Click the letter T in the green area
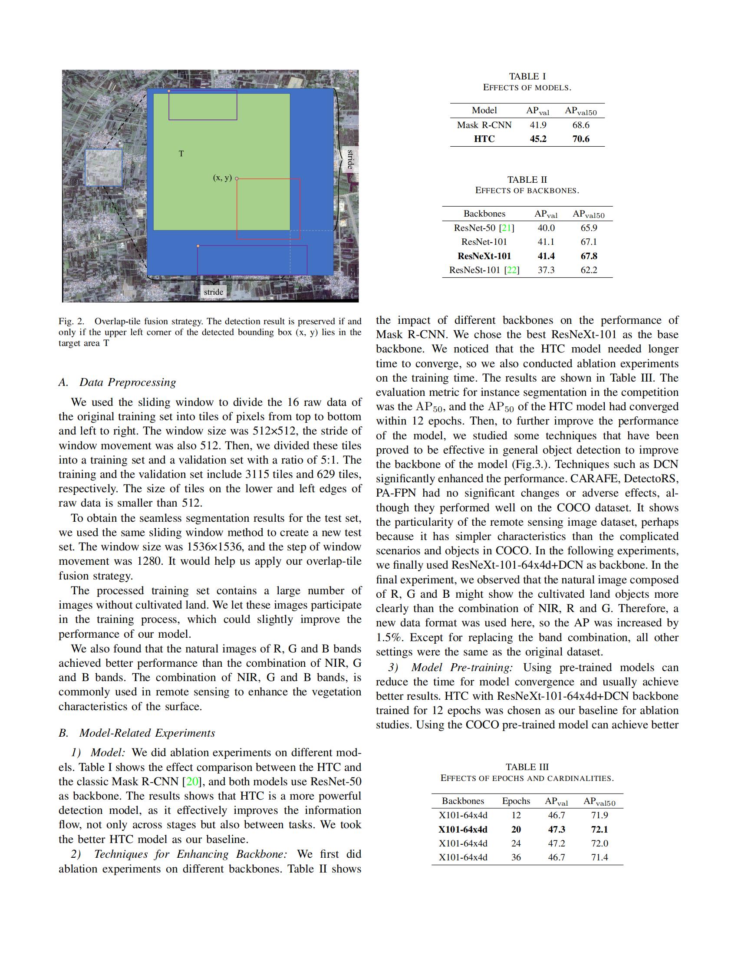coord(181,154)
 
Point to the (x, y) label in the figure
coord(222,178)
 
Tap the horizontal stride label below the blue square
coord(213,292)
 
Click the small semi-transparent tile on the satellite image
coord(104,168)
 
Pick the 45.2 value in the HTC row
coord(538,139)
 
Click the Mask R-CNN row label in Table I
coord(484,125)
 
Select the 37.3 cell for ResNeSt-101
coord(546,270)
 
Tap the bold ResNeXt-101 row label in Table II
coord(484,256)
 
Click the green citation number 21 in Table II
coord(506,228)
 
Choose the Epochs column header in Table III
coord(516,800)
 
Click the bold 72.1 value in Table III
coord(600,829)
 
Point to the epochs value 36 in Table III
coord(516,857)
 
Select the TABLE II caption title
coord(527,179)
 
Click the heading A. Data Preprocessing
coord(117,382)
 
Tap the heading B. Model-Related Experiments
coord(136,733)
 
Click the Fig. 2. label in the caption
coord(71,321)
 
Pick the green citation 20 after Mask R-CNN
coord(192,781)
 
